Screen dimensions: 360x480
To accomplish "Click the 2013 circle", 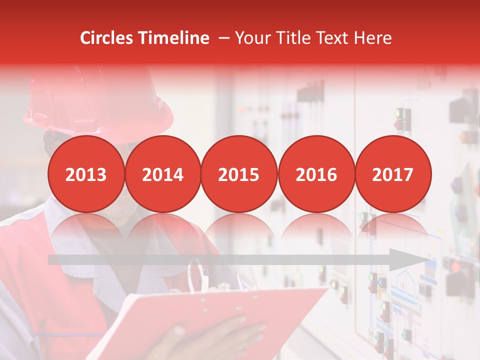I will coord(86,174).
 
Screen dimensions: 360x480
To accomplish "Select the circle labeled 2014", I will coord(162,174).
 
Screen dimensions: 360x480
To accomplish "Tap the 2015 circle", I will coord(239,174).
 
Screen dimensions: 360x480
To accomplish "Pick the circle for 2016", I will coord(316,174).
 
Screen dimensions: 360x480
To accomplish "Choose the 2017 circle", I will coord(392,174).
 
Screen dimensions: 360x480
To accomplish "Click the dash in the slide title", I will coord(224,38).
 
